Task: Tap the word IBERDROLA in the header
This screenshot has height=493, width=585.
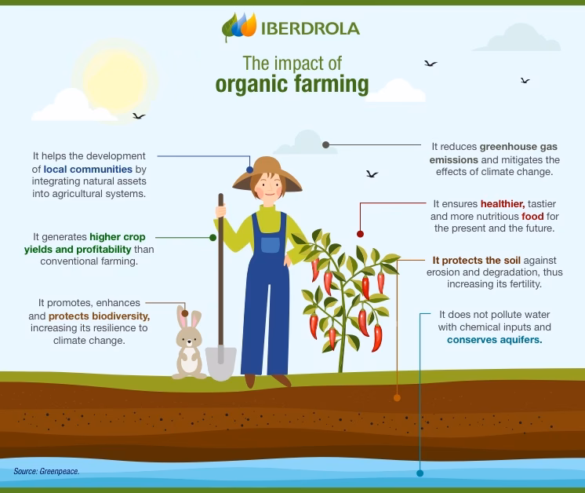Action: (x=311, y=29)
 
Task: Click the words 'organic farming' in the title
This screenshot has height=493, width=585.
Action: (x=292, y=84)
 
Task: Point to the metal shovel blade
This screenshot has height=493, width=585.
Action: (x=221, y=363)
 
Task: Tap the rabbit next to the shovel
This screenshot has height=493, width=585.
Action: (x=189, y=346)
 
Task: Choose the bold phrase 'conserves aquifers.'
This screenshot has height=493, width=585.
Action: (x=494, y=340)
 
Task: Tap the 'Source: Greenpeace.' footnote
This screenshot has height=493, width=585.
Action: (x=46, y=471)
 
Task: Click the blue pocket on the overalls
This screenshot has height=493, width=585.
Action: (x=270, y=243)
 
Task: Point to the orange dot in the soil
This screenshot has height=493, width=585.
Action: (x=397, y=398)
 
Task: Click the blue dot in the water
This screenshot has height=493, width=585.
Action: (x=420, y=473)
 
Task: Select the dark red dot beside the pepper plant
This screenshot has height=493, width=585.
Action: (x=360, y=234)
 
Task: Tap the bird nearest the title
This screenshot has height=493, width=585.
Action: (x=430, y=64)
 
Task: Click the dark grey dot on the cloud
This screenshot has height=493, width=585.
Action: (x=325, y=145)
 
